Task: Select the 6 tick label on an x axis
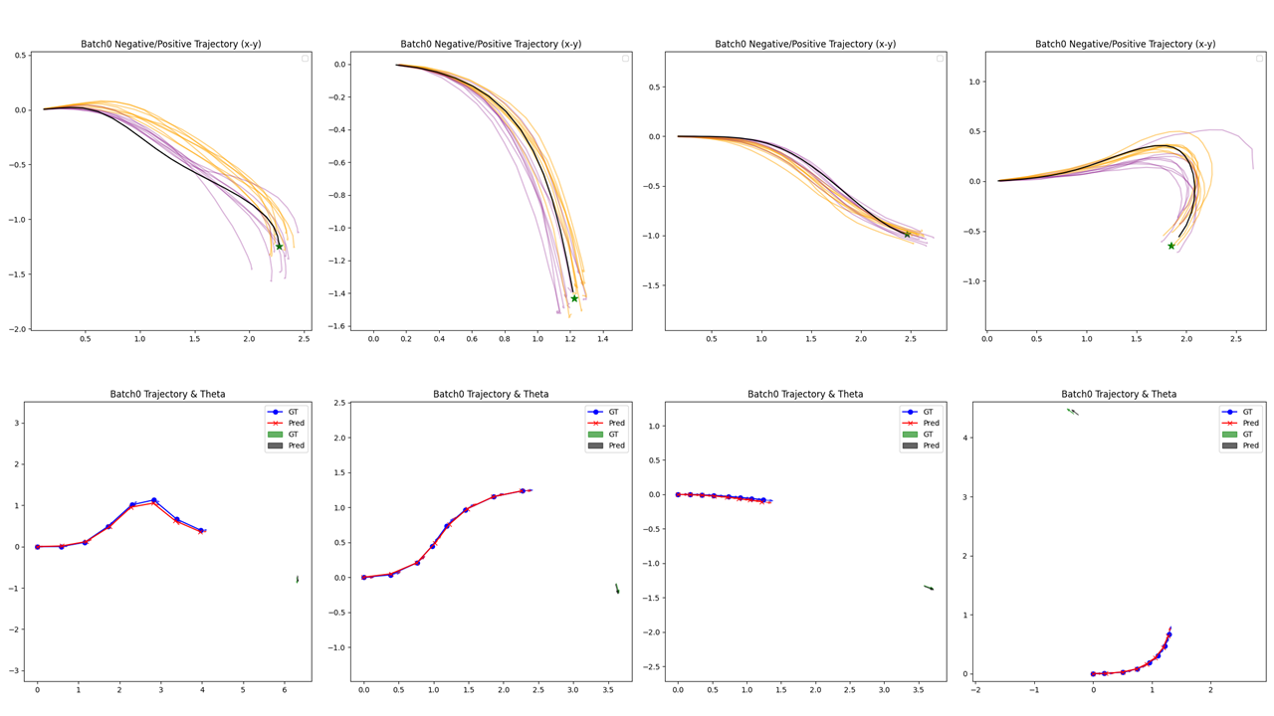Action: [x=284, y=689]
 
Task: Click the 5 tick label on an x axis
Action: [x=243, y=689]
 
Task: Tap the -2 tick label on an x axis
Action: [x=975, y=689]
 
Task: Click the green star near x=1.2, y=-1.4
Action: [x=574, y=298]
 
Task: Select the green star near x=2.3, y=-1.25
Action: [x=279, y=247]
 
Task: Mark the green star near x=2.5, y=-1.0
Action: [x=907, y=235]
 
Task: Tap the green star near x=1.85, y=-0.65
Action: [x=1170, y=246]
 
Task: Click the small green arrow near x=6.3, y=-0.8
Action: [x=297, y=579]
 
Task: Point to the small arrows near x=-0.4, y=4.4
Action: [x=1072, y=411]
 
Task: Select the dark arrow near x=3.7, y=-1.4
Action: [x=929, y=588]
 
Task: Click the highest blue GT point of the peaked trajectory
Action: [x=153, y=500]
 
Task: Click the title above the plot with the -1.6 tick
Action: [x=491, y=44]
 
